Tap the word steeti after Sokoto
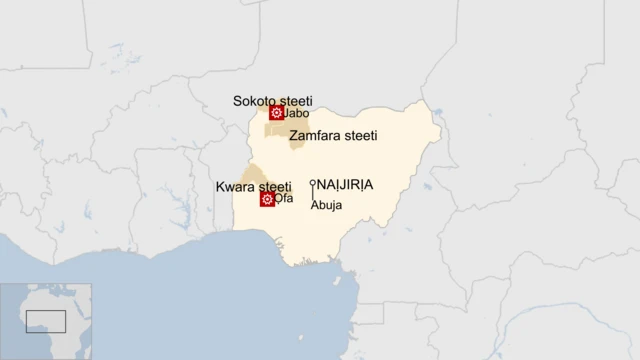click(x=295, y=101)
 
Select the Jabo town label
click(x=297, y=114)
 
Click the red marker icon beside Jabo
click(x=276, y=113)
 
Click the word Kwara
click(x=236, y=187)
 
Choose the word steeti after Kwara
click(x=275, y=187)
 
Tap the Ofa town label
click(x=284, y=199)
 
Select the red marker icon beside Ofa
click(x=267, y=199)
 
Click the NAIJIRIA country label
click(x=346, y=185)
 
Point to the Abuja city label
click(x=326, y=205)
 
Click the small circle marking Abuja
click(x=312, y=183)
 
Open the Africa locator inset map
click(x=46, y=321)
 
